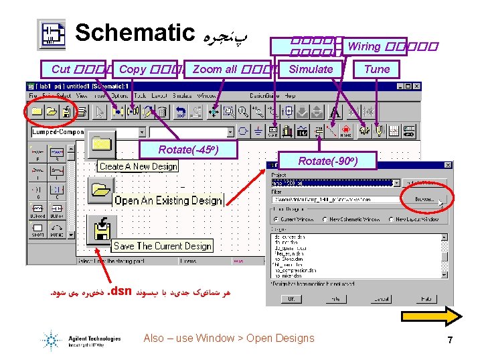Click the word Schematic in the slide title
coord(134,32)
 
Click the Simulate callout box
coord(311,69)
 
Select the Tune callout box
coord(377,69)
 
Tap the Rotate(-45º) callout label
coord(189,149)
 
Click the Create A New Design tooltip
coord(139,166)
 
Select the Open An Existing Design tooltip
coord(167,200)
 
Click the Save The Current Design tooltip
coord(163,246)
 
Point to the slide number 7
coord(451,340)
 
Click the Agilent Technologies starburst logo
coord(52,339)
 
